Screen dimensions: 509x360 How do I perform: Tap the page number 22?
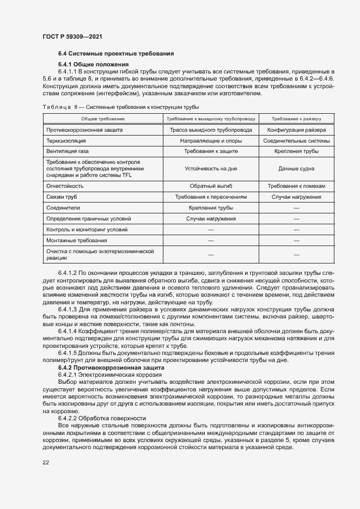coord(46,462)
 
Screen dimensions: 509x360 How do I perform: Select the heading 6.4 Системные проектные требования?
coord(116,53)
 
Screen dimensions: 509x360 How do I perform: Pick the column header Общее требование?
coord(103,118)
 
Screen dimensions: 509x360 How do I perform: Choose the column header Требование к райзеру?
coord(296,118)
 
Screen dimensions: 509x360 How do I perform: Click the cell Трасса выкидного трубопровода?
coord(210,130)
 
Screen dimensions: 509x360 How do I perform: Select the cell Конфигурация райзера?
coord(296,130)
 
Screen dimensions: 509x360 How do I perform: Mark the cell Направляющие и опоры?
coord(210,140)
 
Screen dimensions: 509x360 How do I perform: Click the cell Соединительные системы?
coord(296,140)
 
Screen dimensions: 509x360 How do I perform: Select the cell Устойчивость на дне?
coord(210,168)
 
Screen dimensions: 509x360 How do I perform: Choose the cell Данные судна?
coord(296,168)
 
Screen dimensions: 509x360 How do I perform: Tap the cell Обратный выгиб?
coord(210,186)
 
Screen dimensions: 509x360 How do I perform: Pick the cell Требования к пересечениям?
coord(210,197)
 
